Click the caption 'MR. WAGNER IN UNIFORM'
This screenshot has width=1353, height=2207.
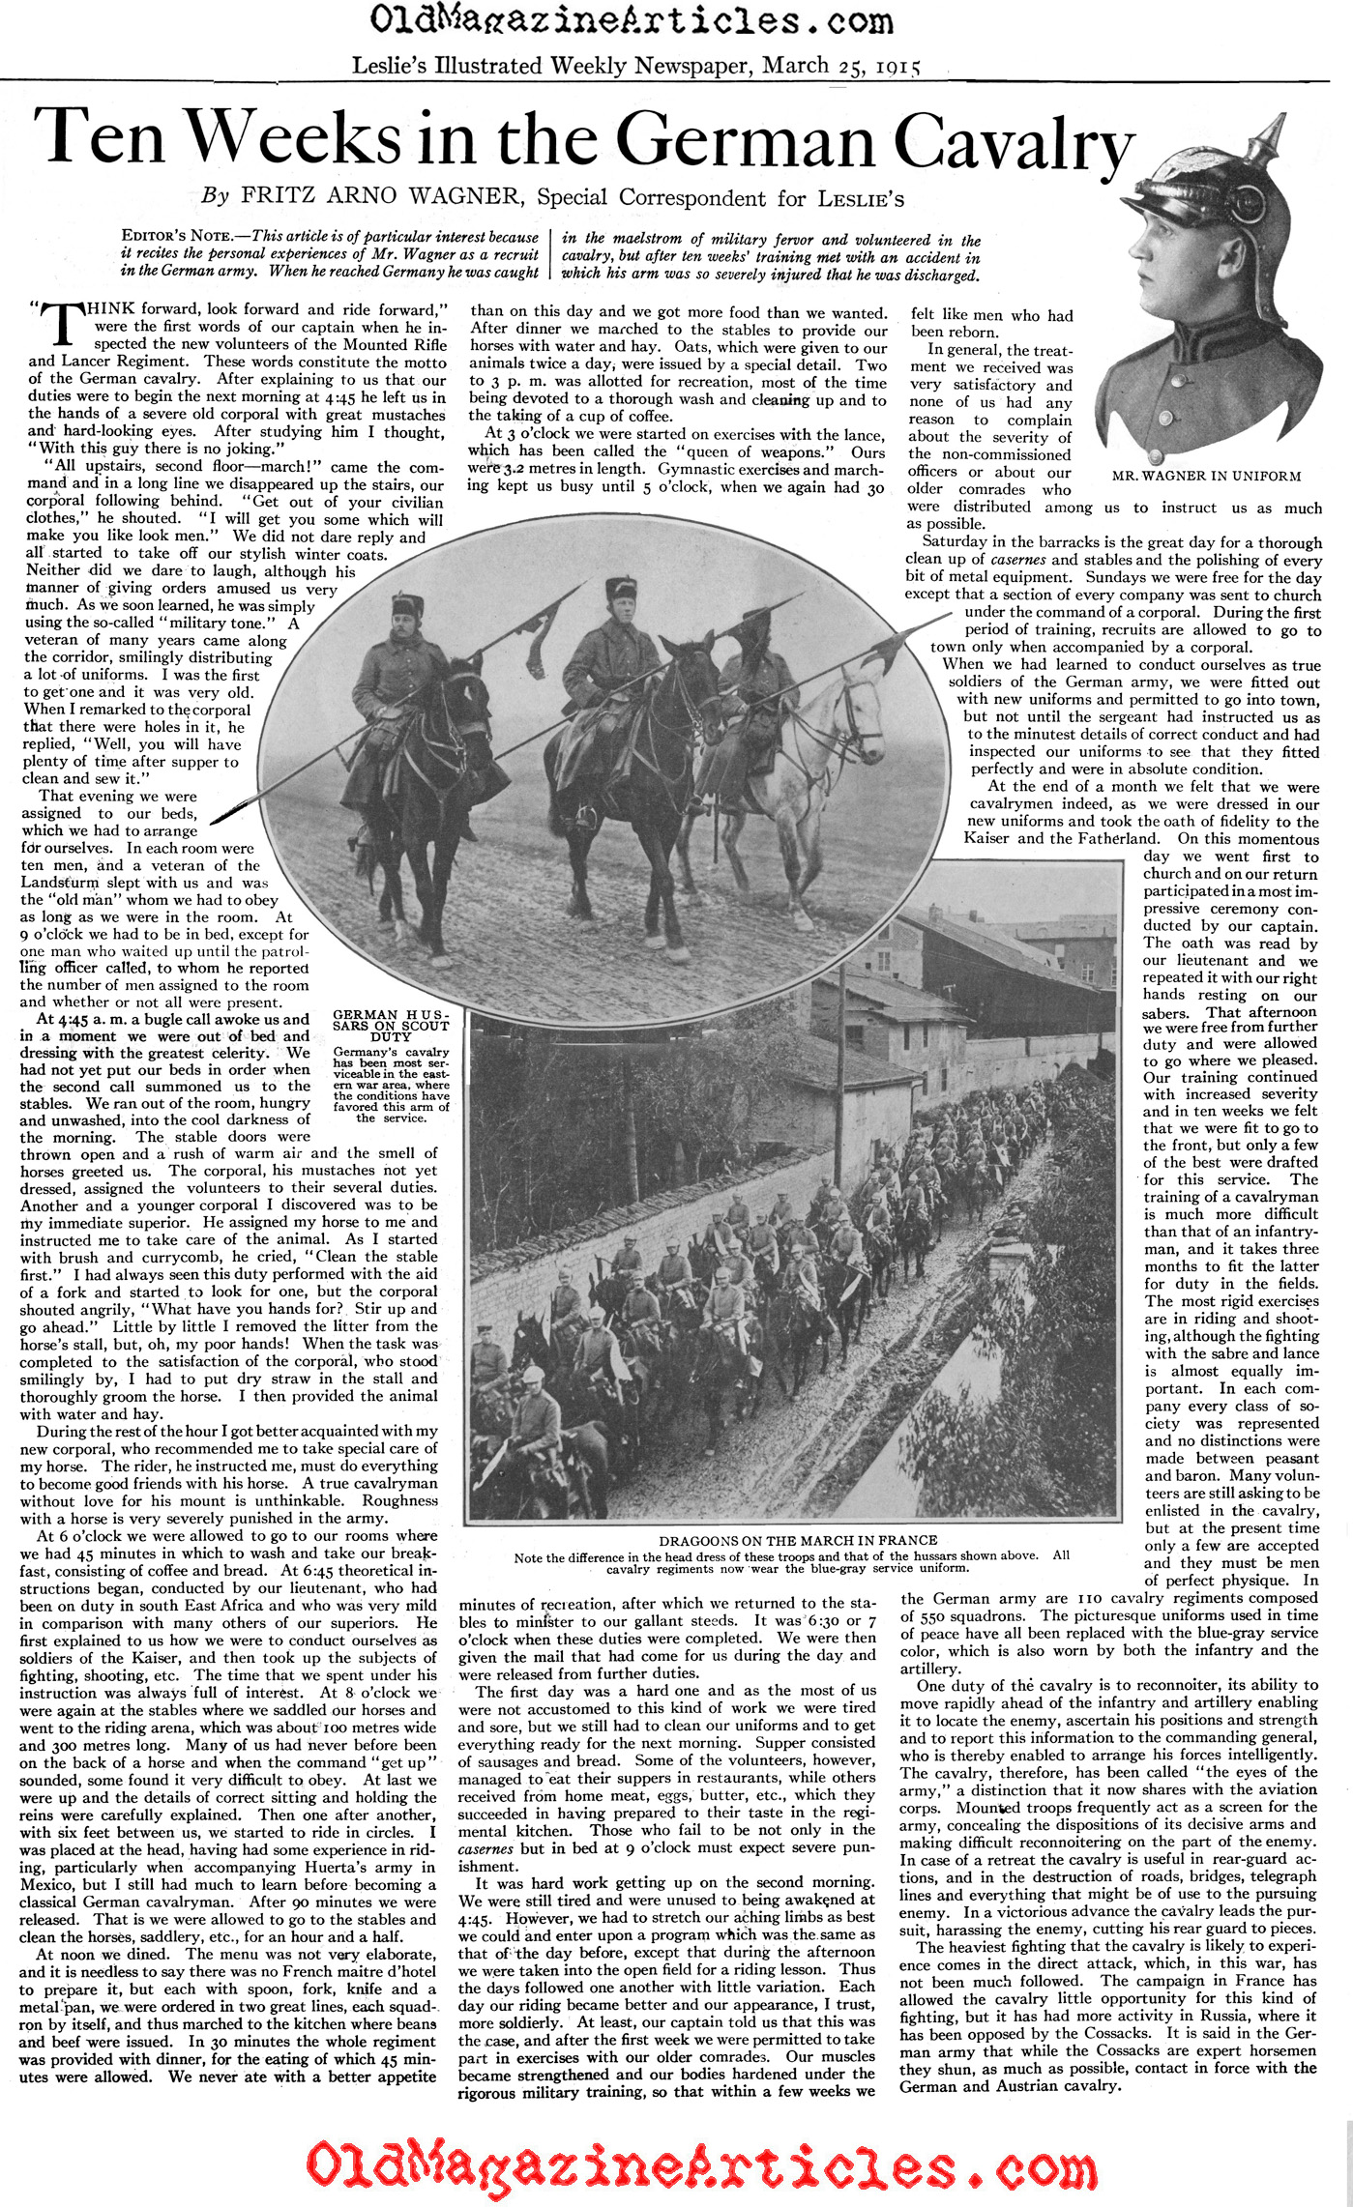click(x=1206, y=476)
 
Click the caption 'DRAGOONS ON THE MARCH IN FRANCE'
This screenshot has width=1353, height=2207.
click(x=798, y=1540)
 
